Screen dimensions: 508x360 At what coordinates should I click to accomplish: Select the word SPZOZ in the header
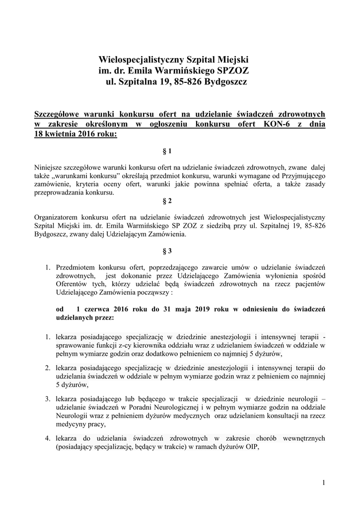[224, 70]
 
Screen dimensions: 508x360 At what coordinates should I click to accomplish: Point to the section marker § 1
[167, 150]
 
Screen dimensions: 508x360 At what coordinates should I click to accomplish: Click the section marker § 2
[167, 201]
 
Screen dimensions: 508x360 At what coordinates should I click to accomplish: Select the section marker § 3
[167, 252]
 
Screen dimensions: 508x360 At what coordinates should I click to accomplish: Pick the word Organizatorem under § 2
[56, 217]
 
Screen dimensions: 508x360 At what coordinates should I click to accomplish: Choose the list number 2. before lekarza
[48, 368]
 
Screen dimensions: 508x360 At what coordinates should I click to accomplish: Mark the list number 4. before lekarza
[48, 438]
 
